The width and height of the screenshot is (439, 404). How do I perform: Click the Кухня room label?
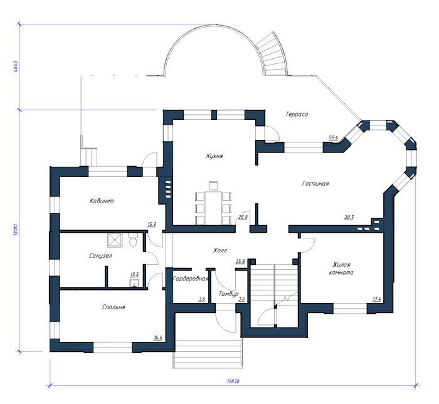214,156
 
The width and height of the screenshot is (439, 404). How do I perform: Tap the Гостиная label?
315,183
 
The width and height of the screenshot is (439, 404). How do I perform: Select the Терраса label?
297,114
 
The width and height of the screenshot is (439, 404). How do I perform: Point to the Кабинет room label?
102,201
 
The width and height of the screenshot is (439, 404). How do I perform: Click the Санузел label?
101,255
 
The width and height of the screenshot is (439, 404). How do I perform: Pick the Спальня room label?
114,307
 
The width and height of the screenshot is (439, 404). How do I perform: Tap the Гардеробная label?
191,279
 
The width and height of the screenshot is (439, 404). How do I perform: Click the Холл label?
220,250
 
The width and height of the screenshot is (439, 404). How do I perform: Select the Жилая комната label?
341,268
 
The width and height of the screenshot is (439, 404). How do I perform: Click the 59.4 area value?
334,137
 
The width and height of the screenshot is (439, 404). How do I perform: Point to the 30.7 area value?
349,217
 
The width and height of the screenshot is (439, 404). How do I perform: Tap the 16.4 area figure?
158,338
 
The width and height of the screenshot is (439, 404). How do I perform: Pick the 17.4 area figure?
376,299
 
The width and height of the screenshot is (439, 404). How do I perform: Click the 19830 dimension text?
233,381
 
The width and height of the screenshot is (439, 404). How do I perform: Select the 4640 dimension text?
16,66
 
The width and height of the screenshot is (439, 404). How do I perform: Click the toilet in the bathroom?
133,240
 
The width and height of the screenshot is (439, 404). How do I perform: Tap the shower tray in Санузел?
115,240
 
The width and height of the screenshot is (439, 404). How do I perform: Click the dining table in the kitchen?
214,208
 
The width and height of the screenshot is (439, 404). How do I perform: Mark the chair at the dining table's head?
214,186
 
